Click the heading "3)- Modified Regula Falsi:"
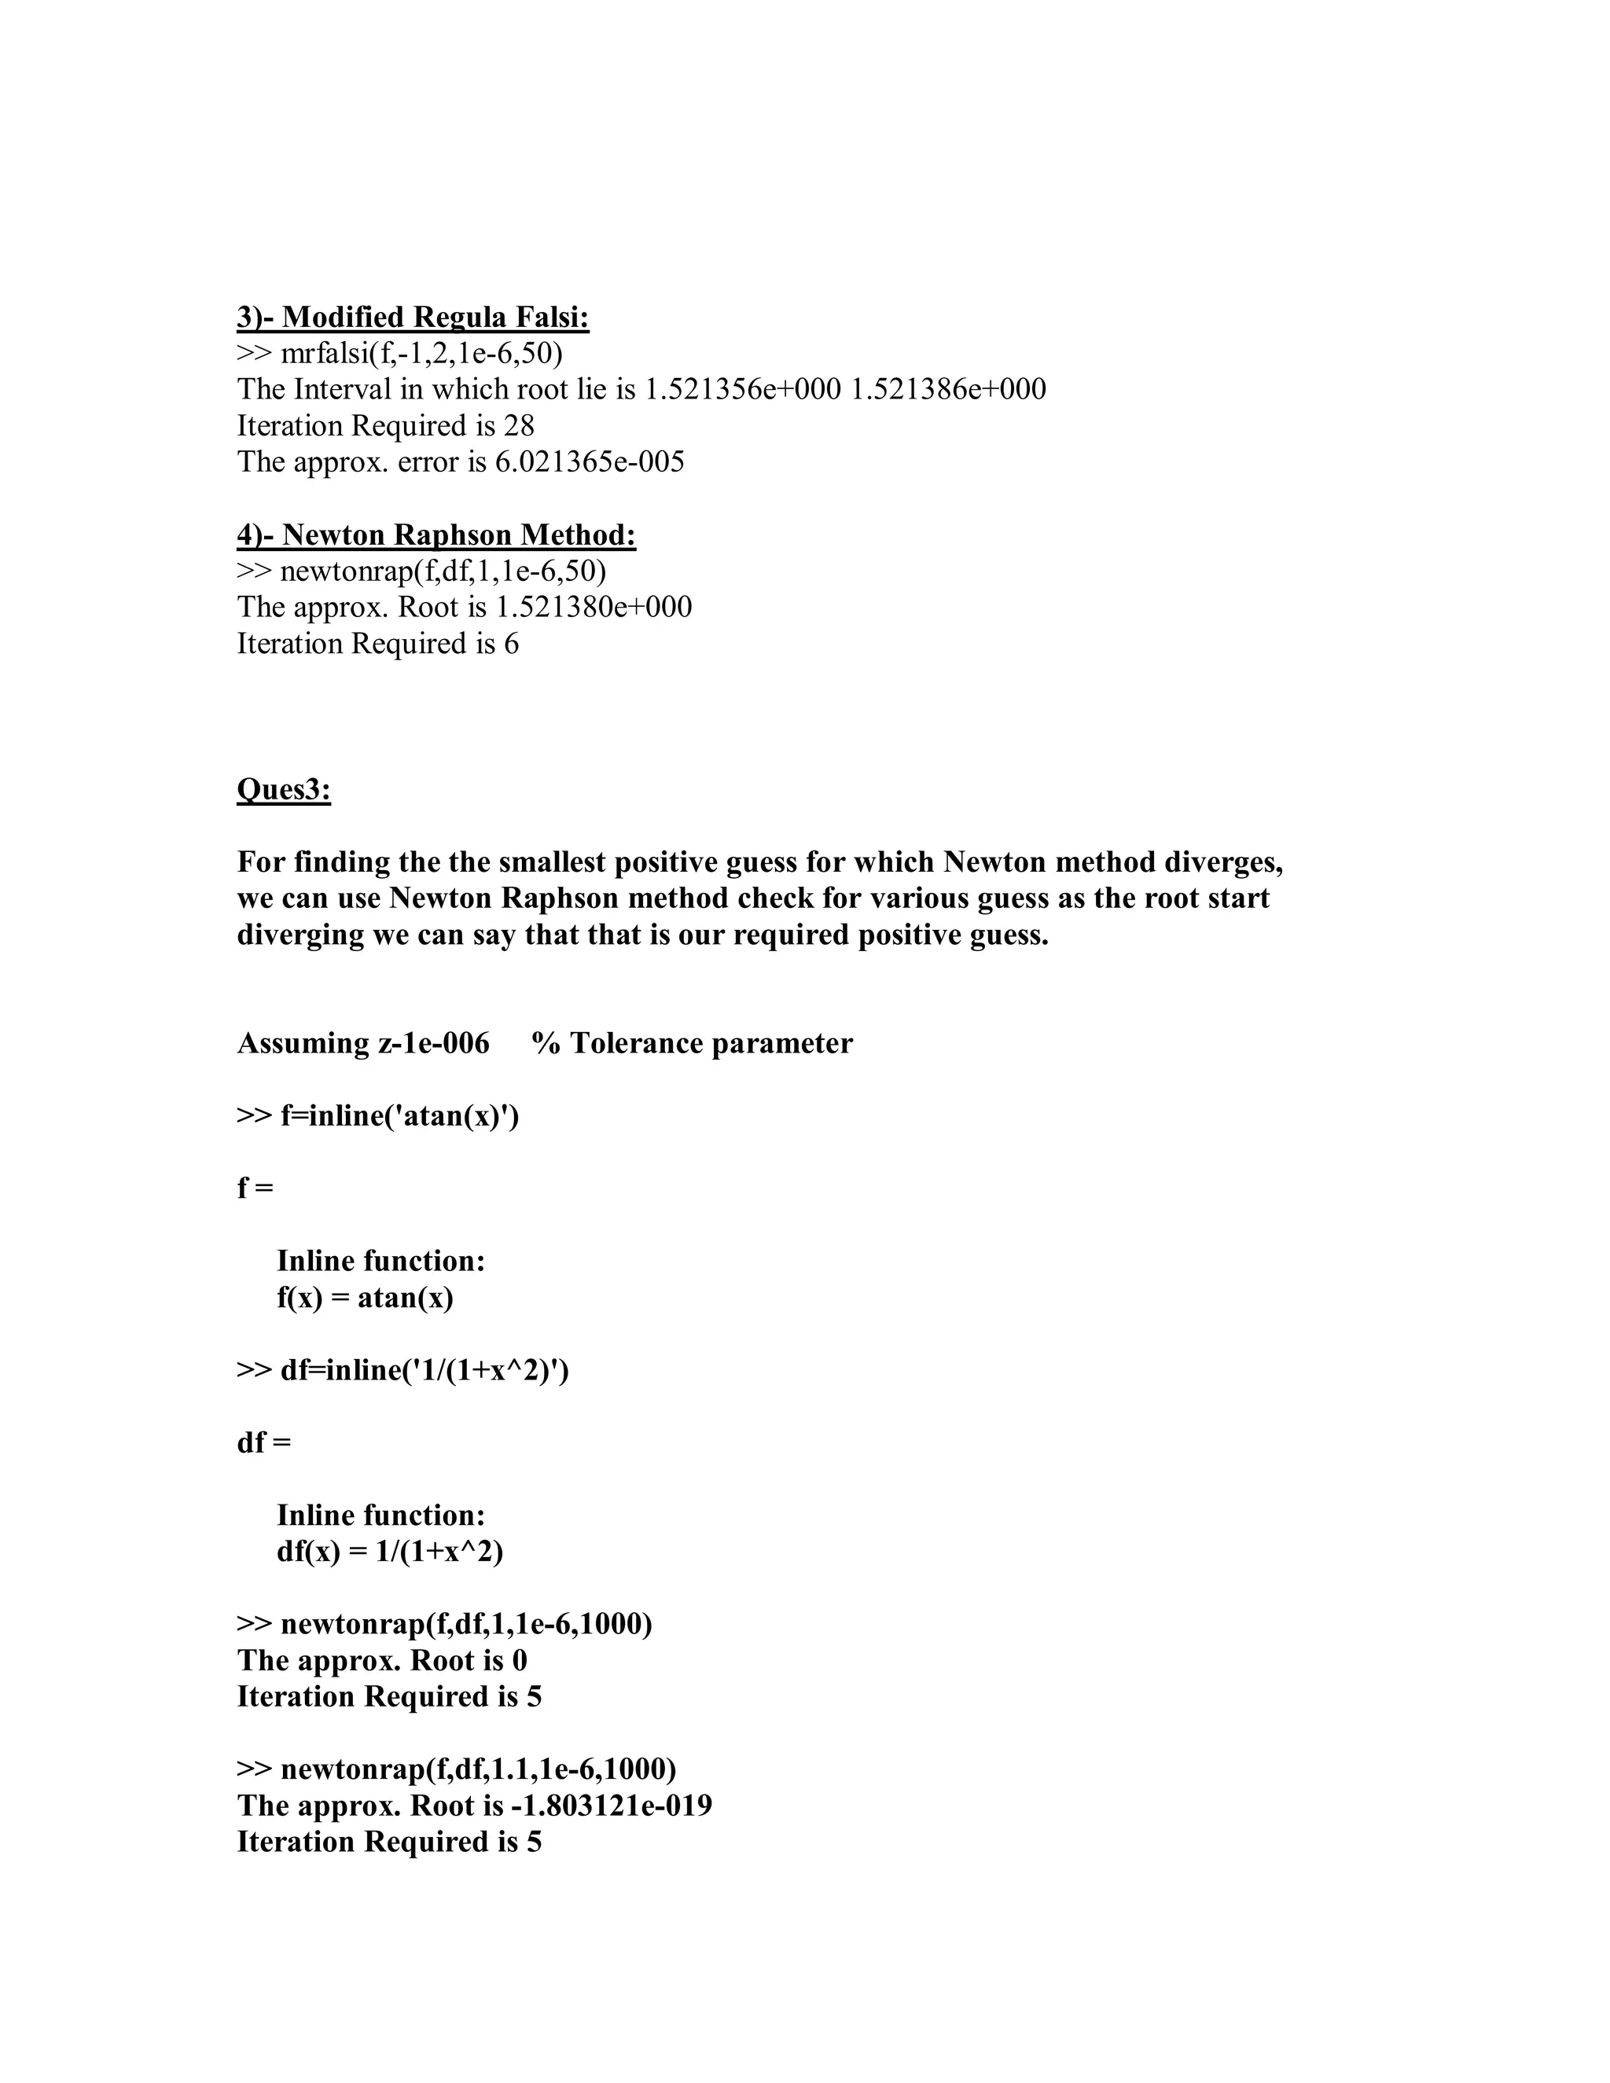tap(413, 317)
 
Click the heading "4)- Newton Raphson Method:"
tap(436, 535)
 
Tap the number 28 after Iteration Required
tap(519, 425)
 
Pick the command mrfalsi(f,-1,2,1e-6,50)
tap(421, 353)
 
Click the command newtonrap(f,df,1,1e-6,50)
tap(443, 571)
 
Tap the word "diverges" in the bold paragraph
tap(1222, 862)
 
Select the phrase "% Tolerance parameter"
tap(693, 1043)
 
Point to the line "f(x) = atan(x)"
tap(364, 1298)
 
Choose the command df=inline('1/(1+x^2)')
tap(425, 1371)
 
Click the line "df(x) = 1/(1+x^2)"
tap(389, 1552)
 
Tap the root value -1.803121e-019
tap(612, 1806)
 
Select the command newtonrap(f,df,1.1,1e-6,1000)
tap(478, 1769)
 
